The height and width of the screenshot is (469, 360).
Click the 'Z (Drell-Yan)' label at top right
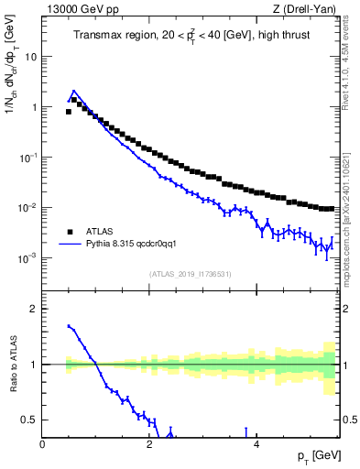tap(308, 9)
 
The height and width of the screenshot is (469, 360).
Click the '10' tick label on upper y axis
tap(30, 56)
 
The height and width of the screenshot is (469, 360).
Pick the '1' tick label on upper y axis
tap(34, 107)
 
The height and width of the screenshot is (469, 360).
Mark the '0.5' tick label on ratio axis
tap(29, 420)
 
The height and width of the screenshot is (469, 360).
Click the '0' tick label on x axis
tap(43, 444)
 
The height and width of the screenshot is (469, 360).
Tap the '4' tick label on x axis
tap(256, 444)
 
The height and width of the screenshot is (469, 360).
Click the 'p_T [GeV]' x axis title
tap(317, 456)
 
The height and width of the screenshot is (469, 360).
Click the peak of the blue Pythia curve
tap(73, 92)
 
